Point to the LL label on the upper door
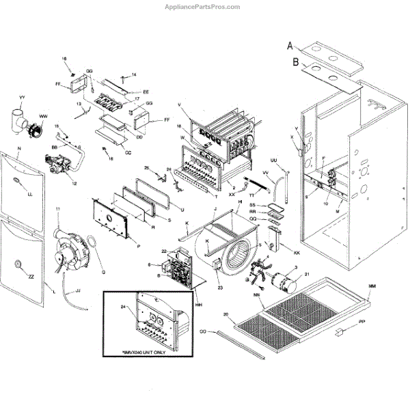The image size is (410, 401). [29, 194]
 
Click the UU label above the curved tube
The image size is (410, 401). [274, 161]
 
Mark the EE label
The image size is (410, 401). [146, 92]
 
